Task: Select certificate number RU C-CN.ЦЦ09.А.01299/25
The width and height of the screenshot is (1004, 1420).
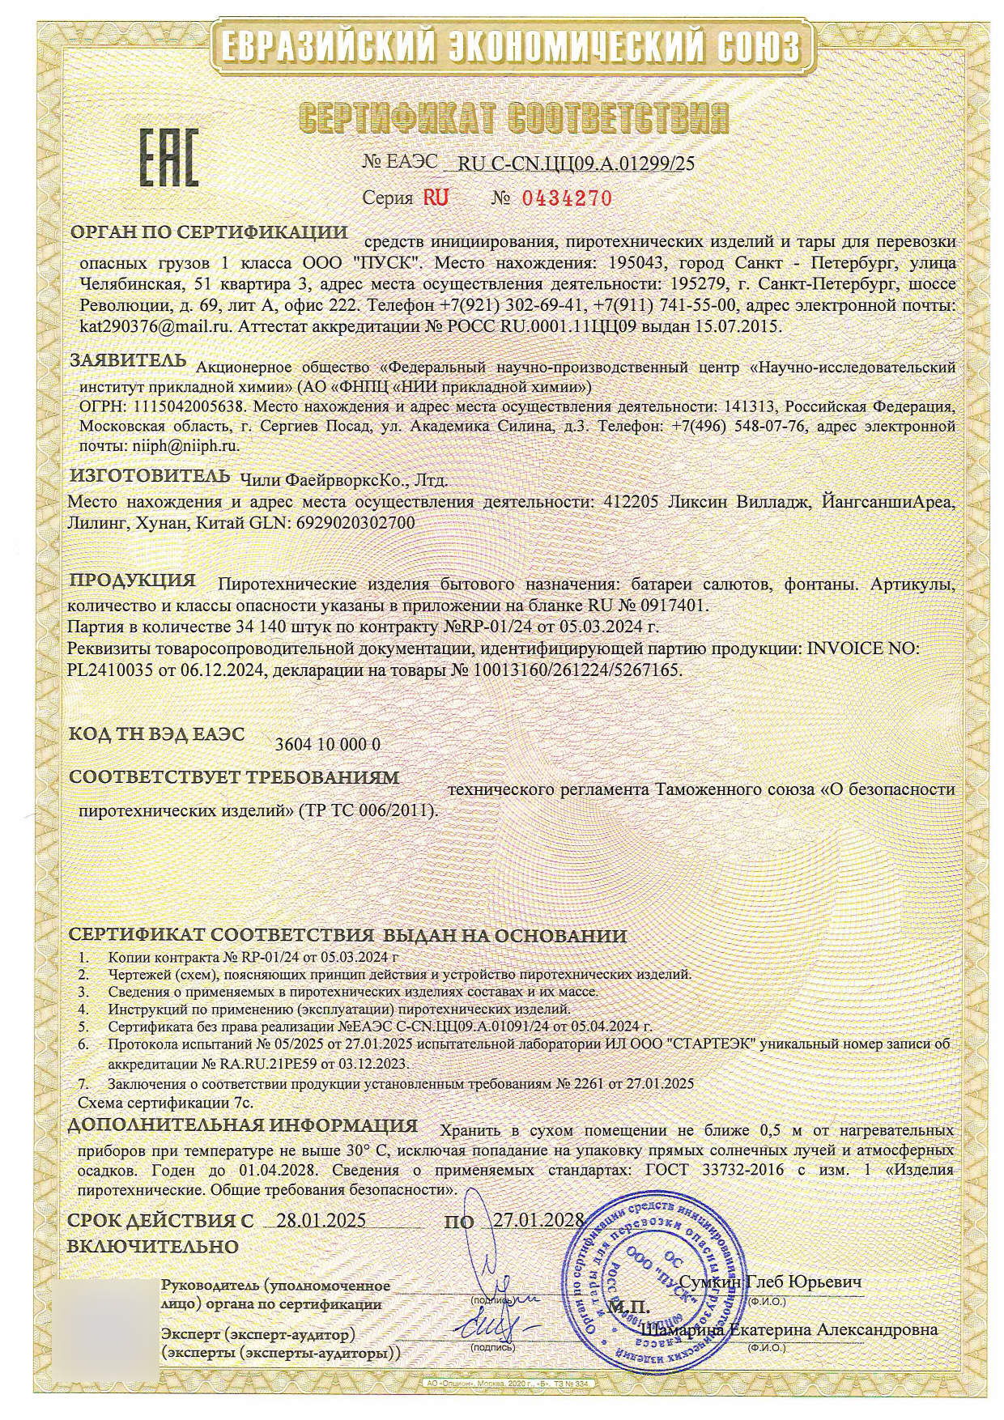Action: [x=576, y=163]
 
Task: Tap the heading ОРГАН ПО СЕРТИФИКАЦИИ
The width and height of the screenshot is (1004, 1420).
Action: [x=211, y=233]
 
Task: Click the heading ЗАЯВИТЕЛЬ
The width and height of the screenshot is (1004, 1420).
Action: [x=128, y=359]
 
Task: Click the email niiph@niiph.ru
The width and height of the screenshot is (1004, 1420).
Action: [x=185, y=445]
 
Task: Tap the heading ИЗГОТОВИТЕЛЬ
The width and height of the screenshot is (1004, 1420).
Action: [x=150, y=474]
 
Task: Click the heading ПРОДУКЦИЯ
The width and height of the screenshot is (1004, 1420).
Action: [x=133, y=580]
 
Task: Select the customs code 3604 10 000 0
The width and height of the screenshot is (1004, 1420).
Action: [x=328, y=744]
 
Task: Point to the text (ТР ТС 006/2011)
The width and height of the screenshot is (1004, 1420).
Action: [x=368, y=810]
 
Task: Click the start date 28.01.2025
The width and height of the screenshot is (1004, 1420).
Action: [x=321, y=1221]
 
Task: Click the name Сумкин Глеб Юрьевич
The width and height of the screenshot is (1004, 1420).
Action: [x=769, y=1282]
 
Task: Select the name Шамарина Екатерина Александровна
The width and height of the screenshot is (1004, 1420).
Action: [x=790, y=1329]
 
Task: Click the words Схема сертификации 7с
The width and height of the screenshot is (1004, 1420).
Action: [x=165, y=1103]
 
